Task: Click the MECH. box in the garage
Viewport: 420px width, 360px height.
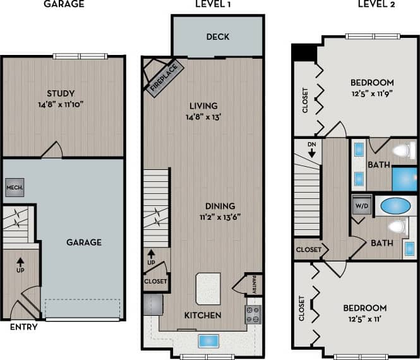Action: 15,188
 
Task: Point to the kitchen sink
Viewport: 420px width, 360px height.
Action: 208,341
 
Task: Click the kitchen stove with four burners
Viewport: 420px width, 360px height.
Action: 253,314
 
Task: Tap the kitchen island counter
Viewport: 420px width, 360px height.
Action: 208,289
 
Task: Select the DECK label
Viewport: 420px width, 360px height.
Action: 217,37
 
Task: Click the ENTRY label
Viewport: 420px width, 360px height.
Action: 24,327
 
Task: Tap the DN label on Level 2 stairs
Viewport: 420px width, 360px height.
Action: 311,146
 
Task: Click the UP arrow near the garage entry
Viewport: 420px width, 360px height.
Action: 20,263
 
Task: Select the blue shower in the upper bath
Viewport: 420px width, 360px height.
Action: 404,179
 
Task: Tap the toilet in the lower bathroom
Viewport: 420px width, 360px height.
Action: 395,227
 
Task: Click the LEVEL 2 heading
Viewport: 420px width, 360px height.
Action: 375,4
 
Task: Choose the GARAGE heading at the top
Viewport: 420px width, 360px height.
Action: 63,4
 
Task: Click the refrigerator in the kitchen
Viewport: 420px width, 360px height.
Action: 153,304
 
